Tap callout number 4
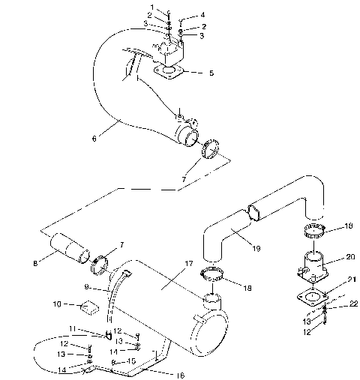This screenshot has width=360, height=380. [x=202, y=16]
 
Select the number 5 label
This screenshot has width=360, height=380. [x=212, y=73]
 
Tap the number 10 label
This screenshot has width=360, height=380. [x=56, y=305]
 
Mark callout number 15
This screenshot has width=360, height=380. [x=132, y=361]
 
